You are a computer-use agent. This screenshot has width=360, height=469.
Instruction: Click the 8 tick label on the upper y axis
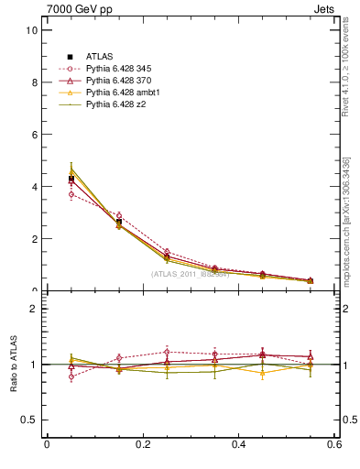click(x=33, y=82)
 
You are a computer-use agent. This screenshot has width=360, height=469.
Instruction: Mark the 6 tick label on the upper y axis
click(x=33, y=135)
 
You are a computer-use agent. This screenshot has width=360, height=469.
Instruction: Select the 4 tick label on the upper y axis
click(x=33, y=187)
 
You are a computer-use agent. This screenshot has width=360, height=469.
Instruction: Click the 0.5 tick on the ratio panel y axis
click(x=28, y=420)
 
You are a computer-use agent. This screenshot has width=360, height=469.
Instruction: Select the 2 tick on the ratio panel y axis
click(x=33, y=309)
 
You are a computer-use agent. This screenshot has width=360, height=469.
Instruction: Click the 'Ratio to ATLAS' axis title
click(x=12, y=364)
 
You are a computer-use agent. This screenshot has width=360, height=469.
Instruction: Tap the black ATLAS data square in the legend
click(x=71, y=57)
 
